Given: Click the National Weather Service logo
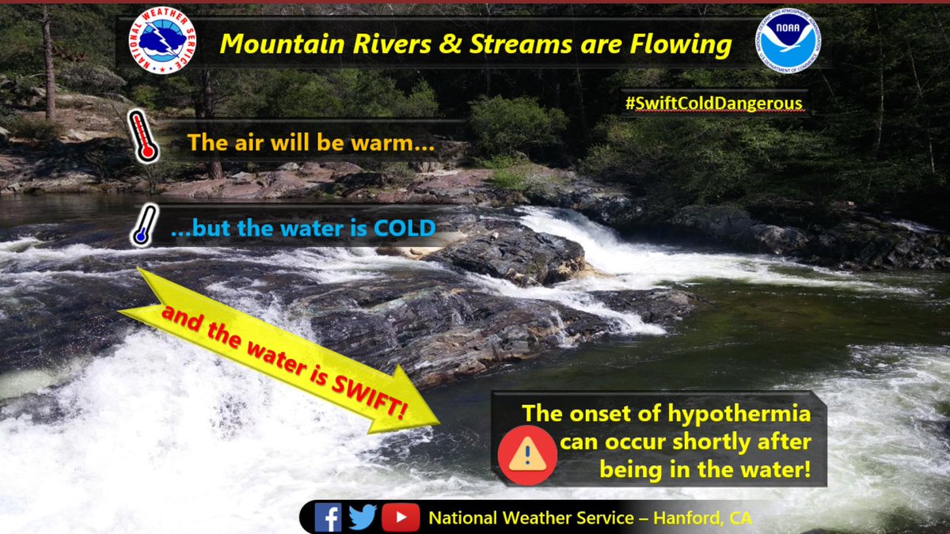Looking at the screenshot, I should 162,43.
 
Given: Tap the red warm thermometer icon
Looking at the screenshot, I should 143,137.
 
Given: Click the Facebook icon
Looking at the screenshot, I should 328,517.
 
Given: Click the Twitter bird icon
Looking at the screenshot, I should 362,517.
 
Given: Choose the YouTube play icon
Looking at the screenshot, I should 401,517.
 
